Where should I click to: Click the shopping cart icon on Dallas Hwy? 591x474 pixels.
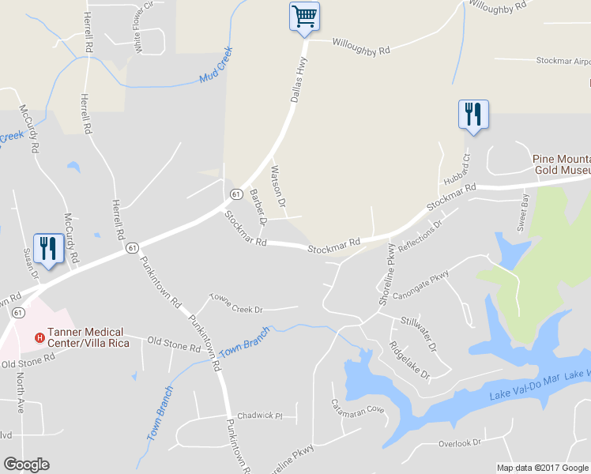[x=304, y=16]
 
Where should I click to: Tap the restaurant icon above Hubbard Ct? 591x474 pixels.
[x=473, y=114]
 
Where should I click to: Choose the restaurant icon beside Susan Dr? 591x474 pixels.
[x=48, y=248]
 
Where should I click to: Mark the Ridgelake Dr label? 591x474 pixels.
[x=408, y=358]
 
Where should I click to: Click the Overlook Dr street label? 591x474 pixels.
[x=460, y=443]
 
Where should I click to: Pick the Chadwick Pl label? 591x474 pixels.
[x=260, y=416]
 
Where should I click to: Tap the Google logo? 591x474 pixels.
[x=26, y=465]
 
